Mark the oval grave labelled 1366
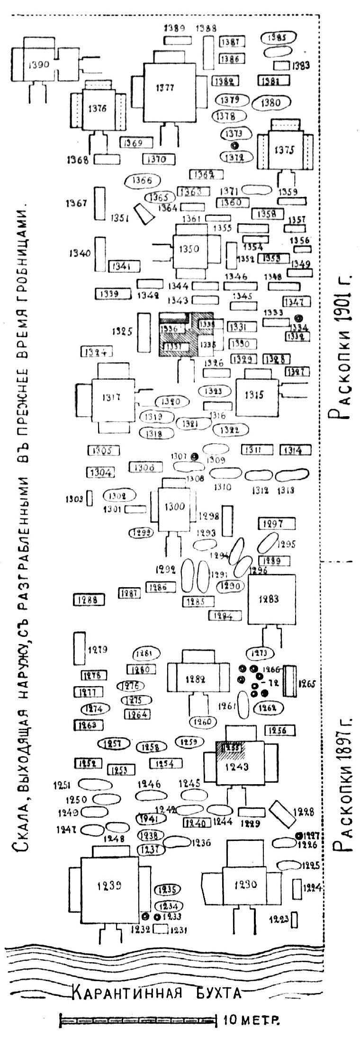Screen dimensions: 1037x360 142,180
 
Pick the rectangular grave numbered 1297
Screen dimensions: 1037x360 276,524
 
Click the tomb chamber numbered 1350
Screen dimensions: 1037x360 190,250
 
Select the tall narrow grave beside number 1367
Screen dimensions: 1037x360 99,203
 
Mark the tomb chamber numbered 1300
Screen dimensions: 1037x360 174,507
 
